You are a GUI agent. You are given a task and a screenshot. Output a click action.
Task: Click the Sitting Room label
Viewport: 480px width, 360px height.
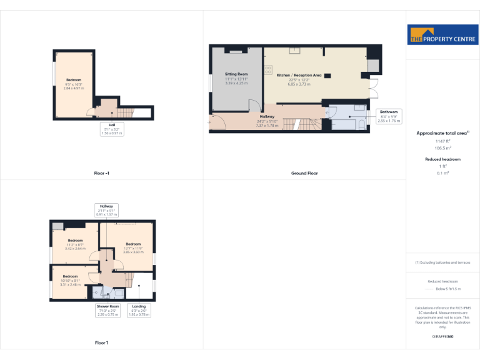click(x=236, y=79)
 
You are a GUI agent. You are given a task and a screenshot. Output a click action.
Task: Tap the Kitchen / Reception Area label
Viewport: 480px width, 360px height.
click(x=299, y=79)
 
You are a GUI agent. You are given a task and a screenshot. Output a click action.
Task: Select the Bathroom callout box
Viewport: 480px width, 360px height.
click(x=389, y=116)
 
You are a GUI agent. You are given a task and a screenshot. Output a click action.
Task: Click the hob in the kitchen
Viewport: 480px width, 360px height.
click(x=267, y=68)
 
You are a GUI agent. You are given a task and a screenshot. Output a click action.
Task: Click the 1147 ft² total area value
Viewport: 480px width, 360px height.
click(x=442, y=141)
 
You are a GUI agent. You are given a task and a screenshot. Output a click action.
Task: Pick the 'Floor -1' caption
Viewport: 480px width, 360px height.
click(x=102, y=172)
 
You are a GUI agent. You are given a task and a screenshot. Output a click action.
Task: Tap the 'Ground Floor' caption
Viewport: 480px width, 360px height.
click(x=304, y=172)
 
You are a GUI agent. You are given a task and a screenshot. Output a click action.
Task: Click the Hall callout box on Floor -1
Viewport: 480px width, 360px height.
click(x=112, y=129)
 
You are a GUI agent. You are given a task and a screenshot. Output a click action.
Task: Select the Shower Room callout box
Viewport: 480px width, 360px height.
click(x=107, y=310)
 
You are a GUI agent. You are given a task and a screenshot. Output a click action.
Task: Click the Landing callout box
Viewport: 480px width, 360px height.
click(x=139, y=310)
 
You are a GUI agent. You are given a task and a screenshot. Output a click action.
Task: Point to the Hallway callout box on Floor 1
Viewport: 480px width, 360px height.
click(x=106, y=209)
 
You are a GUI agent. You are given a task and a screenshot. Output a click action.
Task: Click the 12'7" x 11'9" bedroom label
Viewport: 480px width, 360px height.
click(x=134, y=247)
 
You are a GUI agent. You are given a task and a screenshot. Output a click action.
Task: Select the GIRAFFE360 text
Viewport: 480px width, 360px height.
click(x=442, y=336)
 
